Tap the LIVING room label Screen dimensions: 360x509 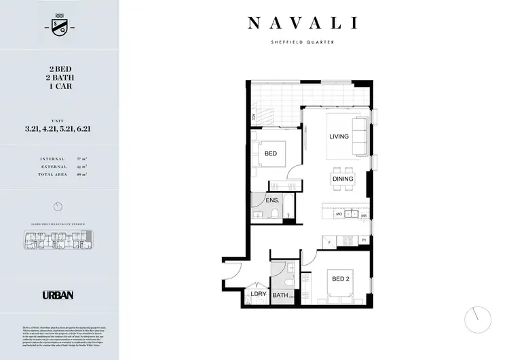tap(339, 137)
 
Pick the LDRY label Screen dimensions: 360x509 tap(258, 294)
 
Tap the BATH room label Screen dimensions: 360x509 tap(280, 295)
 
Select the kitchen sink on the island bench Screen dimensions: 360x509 tap(351, 215)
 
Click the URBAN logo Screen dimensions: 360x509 tap(58, 295)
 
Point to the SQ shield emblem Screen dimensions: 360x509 tap(58, 25)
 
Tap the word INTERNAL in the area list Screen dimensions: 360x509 tap(53, 158)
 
